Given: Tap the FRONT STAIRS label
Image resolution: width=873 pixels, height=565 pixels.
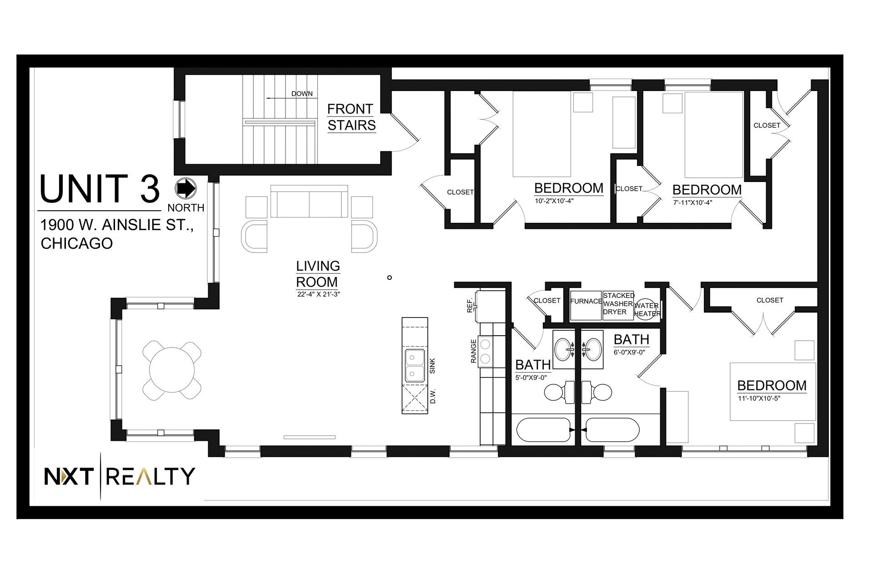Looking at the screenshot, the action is click(351, 117).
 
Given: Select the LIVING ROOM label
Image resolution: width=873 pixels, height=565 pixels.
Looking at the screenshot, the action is click(318, 273).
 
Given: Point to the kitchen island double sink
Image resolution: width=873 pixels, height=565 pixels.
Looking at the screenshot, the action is click(415, 365).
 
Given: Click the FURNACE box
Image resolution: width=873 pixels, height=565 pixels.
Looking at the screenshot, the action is click(586, 306).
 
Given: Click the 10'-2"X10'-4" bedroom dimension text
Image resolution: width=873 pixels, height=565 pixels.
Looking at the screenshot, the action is click(554, 202).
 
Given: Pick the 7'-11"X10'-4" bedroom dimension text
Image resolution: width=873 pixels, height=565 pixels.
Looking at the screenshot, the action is click(692, 203).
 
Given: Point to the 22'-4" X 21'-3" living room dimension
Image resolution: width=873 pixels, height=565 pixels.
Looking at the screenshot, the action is click(318, 294).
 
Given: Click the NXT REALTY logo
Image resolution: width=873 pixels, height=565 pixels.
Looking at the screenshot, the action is click(119, 477).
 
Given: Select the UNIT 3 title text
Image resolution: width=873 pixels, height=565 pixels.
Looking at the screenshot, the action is click(100, 188).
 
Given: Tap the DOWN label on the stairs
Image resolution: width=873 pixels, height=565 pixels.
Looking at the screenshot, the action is click(302, 94).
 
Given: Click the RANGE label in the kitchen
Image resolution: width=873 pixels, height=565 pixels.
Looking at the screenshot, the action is click(474, 351).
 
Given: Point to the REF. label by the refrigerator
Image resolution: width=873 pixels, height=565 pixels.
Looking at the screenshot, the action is click(470, 305).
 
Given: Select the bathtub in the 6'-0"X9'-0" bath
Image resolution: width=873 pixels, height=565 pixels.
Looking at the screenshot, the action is click(612, 430).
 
